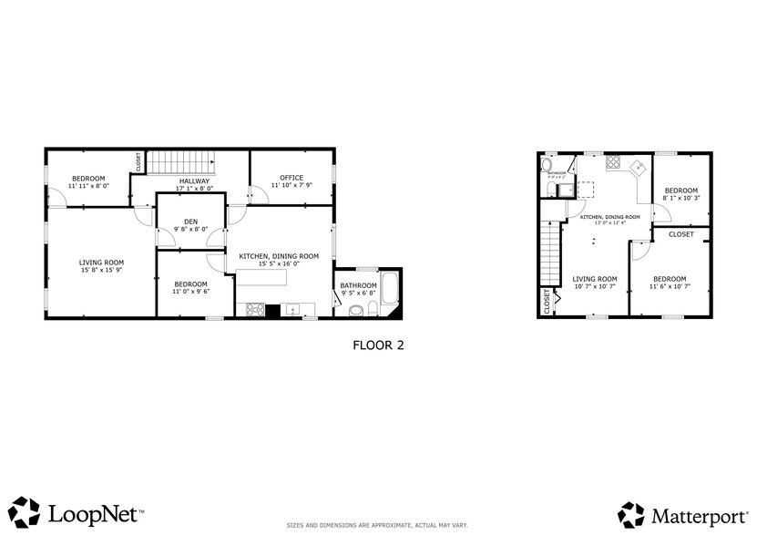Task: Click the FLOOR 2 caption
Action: coord(377,345)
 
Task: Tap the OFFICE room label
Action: coord(291,177)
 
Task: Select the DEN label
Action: coord(190,221)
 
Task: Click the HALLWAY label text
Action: coord(194,180)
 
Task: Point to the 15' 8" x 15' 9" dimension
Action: coord(101,270)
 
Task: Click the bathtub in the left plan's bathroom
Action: coord(390,291)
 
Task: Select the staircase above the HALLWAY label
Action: coord(181,161)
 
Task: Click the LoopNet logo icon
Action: coord(26,511)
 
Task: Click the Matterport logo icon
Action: coord(630,514)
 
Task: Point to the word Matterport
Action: coord(696,514)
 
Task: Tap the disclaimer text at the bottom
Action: coord(377,526)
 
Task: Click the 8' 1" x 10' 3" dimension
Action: coord(680,198)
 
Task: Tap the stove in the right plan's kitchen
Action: coord(613,164)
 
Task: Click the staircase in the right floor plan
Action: coord(549,253)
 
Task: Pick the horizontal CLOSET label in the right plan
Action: coord(681,234)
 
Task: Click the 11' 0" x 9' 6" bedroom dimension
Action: coord(191,292)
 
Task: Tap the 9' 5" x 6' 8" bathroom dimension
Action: coord(358,293)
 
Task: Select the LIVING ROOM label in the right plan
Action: coord(595,279)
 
